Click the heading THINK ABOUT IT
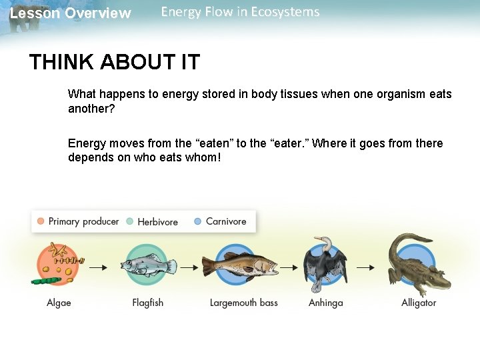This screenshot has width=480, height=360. pyautogui.click(x=114, y=62)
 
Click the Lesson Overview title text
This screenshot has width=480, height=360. pyautogui.click(x=71, y=13)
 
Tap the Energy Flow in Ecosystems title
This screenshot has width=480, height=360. pyautogui.click(x=240, y=12)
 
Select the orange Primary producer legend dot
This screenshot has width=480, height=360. pyautogui.click(x=41, y=221)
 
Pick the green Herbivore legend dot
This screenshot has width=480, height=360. pyautogui.click(x=130, y=221)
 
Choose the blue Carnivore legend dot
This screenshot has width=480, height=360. pyautogui.click(x=198, y=221)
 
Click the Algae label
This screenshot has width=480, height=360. pyautogui.click(x=59, y=303)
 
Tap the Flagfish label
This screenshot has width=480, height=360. pyautogui.click(x=147, y=303)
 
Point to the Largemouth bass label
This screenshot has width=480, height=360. pyautogui.click(x=243, y=303)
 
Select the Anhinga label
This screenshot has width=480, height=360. pyautogui.click(x=325, y=303)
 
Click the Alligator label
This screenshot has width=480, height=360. pyautogui.click(x=419, y=303)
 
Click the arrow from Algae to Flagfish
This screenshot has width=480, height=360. pyautogui.click(x=99, y=267)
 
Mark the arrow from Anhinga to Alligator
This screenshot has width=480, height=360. pyautogui.click(x=365, y=267)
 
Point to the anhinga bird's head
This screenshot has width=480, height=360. pyautogui.click(x=322, y=241)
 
